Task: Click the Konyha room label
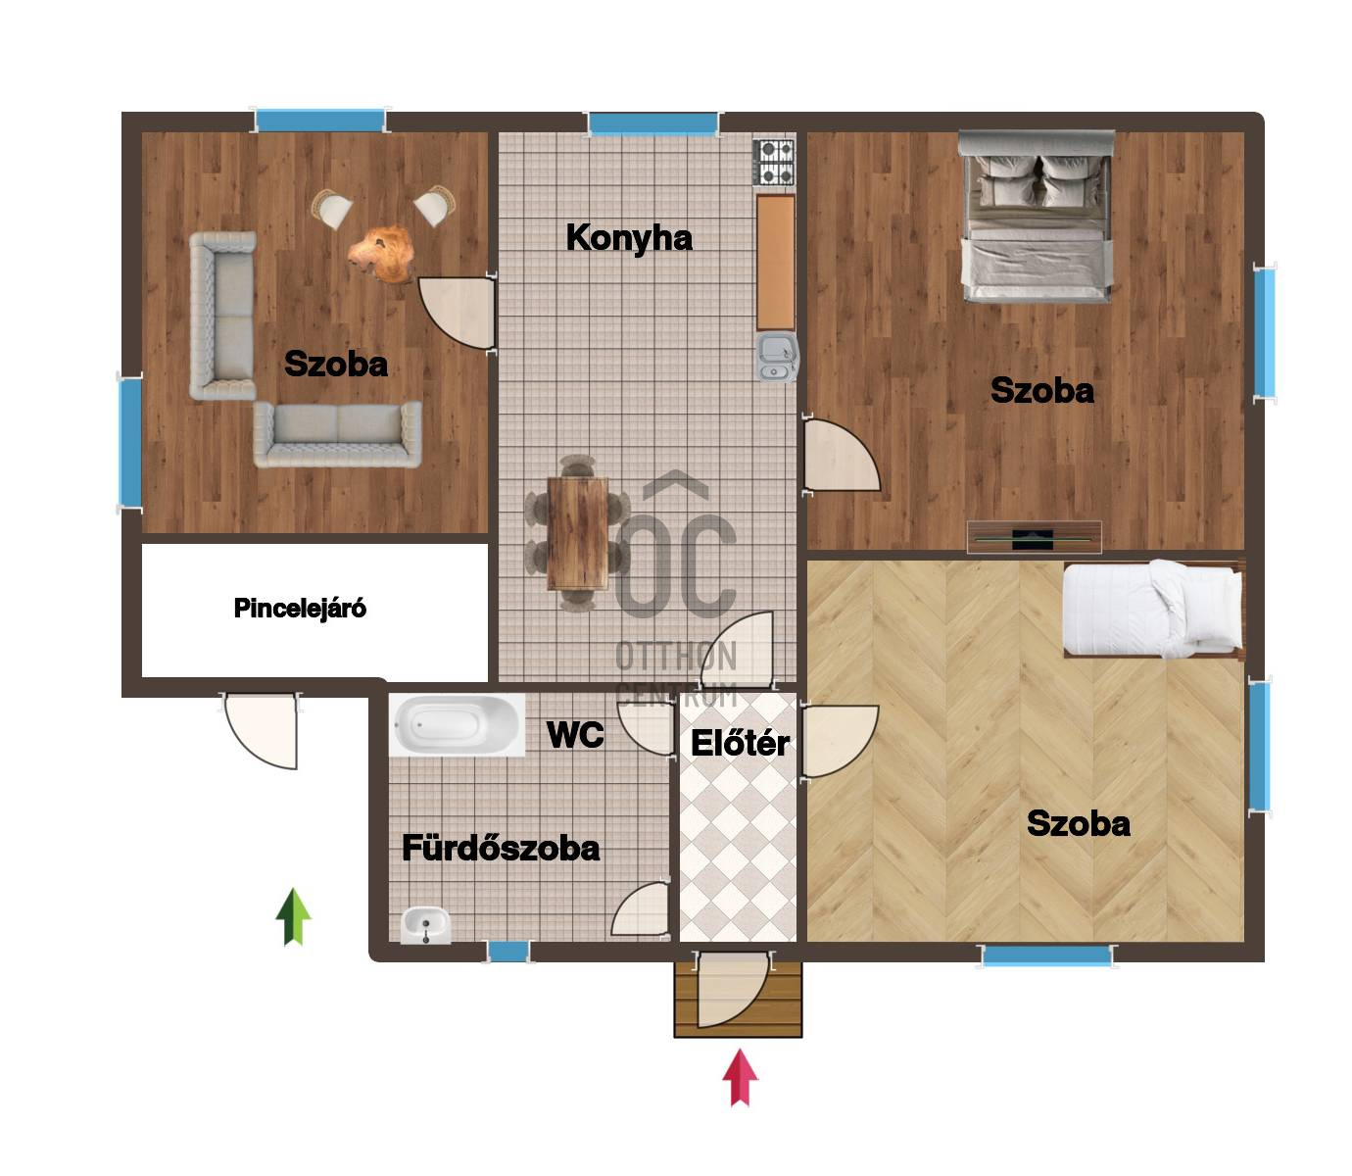pyautogui.click(x=628, y=238)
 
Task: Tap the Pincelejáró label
pyautogui.click(x=300, y=609)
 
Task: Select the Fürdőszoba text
pyautogui.click(x=501, y=848)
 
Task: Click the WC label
pyautogui.click(x=575, y=734)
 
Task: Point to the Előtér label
pyautogui.click(x=740, y=743)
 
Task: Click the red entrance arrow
pyautogui.click(x=740, y=1077)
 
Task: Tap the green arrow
pyautogui.click(x=293, y=917)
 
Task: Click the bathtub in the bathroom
pyautogui.click(x=457, y=724)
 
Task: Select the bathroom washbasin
pyautogui.click(x=426, y=924)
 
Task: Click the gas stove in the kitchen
pyautogui.click(x=774, y=162)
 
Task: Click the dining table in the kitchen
pyautogui.click(x=578, y=533)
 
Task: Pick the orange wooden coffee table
pyautogui.click(x=382, y=255)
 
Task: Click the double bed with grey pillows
pyautogui.click(x=1037, y=217)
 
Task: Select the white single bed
pyautogui.click(x=1152, y=609)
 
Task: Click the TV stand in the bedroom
pyautogui.click(x=1035, y=536)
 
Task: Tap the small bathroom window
pyautogui.click(x=508, y=952)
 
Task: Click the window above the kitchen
pyautogui.click(x=652, y=123)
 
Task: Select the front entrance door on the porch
pyautogui.click(x=733, y=990)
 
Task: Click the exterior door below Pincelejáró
pyautogui.click(x=262, y=730)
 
